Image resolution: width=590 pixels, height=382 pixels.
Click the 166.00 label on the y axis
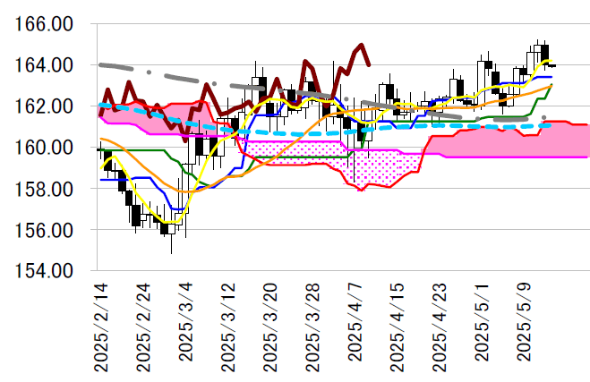(x=44, y=24)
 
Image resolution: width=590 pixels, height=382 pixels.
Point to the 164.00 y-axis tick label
(x=44, y=65)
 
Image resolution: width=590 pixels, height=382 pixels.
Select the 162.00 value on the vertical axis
(x=44, y=106)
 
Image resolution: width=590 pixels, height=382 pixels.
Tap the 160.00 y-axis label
(x=44, y=148)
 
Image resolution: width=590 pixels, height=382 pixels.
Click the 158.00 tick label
(x=44, y=189)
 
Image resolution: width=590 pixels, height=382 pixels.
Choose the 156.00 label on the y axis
(x=44, y=230)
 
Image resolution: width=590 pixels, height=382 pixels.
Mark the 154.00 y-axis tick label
(x=44, y=271)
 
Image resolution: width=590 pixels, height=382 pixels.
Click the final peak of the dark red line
(x=362, y=45)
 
